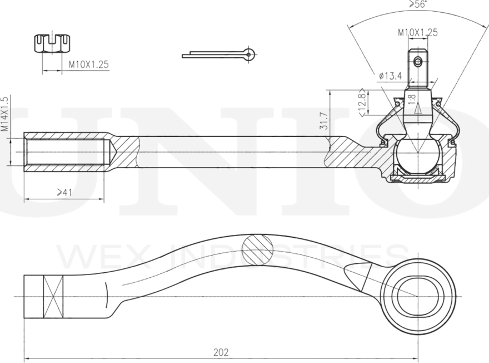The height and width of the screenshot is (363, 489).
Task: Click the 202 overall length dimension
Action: click(x=221, y=352)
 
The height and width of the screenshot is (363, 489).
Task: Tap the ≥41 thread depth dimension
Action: click(x=64, y=192)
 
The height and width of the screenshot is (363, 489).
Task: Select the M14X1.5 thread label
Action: click(x=4, y=114)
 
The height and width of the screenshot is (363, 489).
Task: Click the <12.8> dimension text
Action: click(x=362, y=102)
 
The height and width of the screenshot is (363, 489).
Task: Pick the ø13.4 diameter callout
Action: click(x=390, y=76)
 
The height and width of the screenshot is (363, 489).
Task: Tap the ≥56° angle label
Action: click(x=418, y=4)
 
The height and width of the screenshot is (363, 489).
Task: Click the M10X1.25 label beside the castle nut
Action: click(x=88, y=65)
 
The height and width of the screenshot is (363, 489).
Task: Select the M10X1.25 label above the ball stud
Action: click(x=417, y=32)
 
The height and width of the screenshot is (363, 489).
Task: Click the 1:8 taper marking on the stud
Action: click(x=412, y=99)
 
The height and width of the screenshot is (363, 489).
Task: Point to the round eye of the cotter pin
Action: click(x=249, y=54)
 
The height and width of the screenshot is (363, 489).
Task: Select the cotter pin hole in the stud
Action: click(x=417, y=62)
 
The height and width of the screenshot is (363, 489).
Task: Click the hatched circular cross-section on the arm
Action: click(x=258, y=249)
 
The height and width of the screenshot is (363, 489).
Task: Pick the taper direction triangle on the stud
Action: click(x=417, y=109)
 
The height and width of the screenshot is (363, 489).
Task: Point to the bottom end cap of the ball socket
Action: click(x=417, y=179)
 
